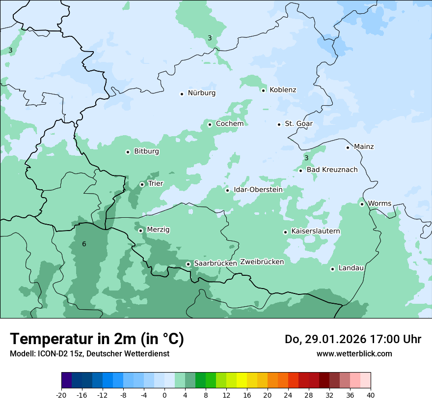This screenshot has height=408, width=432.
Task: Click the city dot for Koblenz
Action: pyautogui.click(x=264, y=90)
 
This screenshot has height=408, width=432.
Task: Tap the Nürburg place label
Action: pyautogui.click(x=201, y=93)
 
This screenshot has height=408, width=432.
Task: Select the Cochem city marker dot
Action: pyautogui.click(x=210, y=124)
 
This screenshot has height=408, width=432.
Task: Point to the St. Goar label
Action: pyautogui.click(x=298, y=124)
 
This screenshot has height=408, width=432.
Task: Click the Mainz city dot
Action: pyautogui.click(x=348, y=147)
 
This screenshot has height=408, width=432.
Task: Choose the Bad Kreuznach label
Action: pyautogui.click(x=332, y=170)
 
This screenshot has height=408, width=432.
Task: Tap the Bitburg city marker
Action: pyautogui.click(x=128, y=152)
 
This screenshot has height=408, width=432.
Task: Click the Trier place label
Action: pyautogui.click(x=156, y=184)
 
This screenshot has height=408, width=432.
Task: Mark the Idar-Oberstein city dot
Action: pyautogui.click(x=228, y=190)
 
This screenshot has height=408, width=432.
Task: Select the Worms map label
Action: pyautogui.click(x=379, y=204)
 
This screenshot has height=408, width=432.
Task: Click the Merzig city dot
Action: pyautogui.click(x=141, y=231)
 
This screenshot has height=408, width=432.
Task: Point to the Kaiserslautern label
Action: pyautogui.click(x=316, y=231)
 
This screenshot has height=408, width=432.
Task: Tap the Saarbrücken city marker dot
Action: pyautogui.click(x=188, y=264)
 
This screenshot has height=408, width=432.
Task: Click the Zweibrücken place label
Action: pyautogui.click(x=262, y=262)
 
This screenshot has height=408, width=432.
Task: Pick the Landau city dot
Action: pyautogui.click(x=333, y=269)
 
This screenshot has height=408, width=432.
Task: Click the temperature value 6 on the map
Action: pyautogui.click(x=84, y=244)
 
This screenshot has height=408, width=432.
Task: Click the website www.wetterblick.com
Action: pyautogui.click(x=354, y=354)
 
